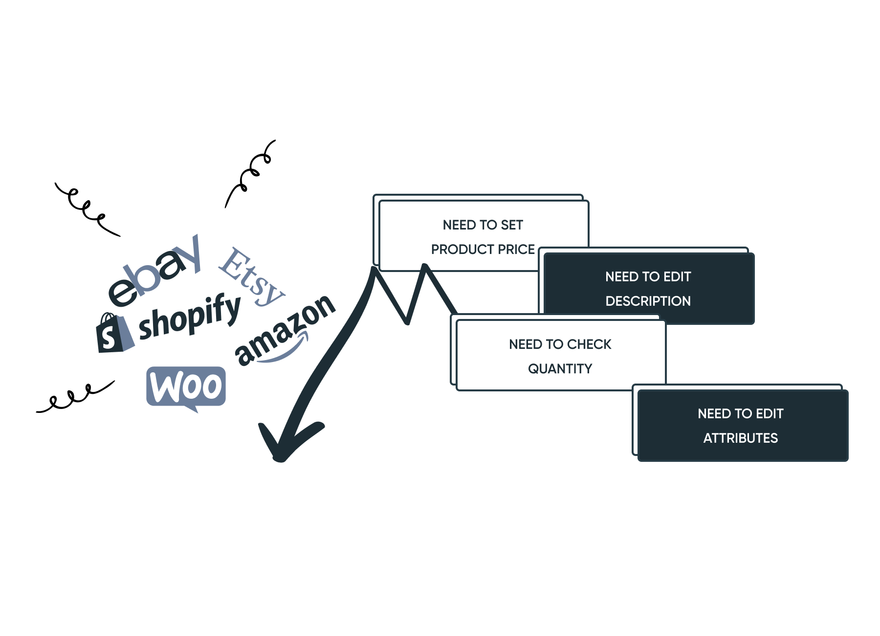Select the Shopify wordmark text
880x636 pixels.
[190, 317]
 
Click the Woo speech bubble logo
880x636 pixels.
[186, 388]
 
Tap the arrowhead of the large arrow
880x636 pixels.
[288, 440]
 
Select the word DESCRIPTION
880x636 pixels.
[648, 301]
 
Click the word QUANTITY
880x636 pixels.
[560, 369]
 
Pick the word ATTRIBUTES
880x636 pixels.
[741, 438]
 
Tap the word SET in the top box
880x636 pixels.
[512, 225]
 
